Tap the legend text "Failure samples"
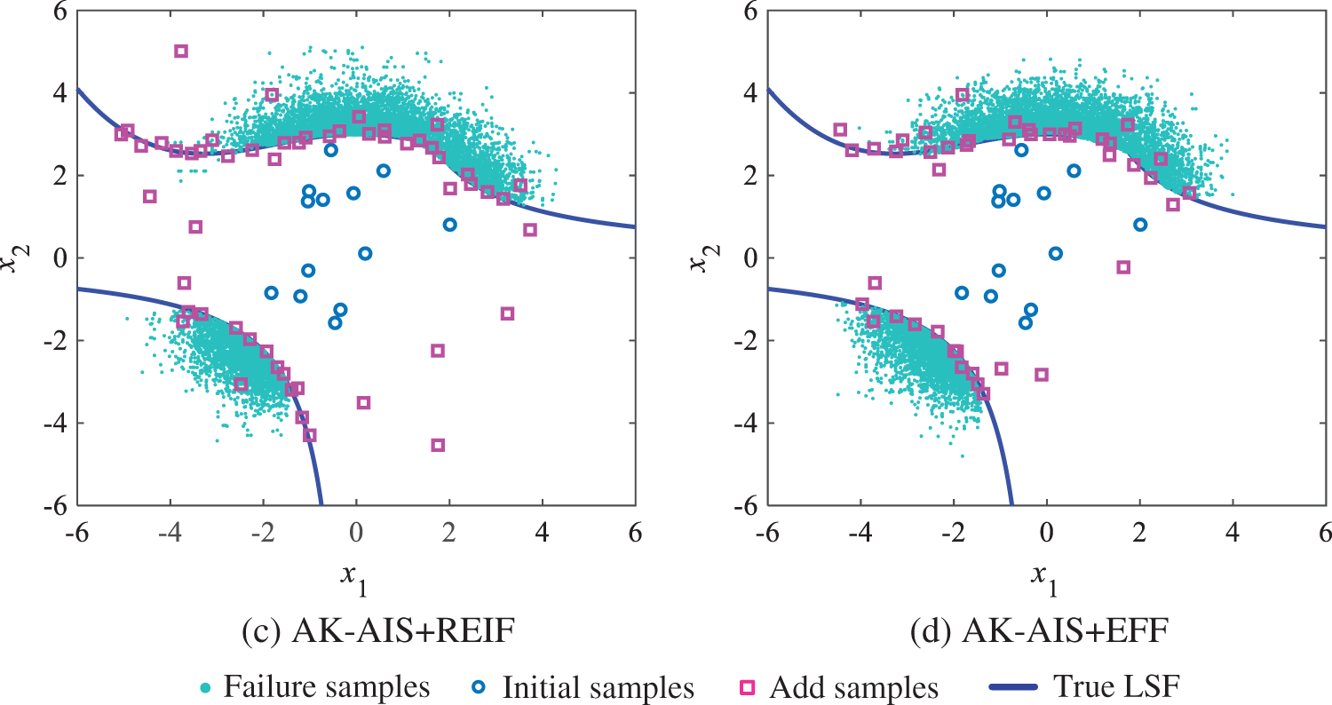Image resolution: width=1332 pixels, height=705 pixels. tap(327, 686)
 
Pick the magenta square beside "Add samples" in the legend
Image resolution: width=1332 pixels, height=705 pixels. tap(749, 687)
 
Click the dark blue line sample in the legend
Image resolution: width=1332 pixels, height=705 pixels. tap(1008, 687)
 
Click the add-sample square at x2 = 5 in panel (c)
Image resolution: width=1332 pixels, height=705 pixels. tap(181, 51)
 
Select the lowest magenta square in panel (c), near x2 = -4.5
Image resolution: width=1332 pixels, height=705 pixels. tap(438, 445)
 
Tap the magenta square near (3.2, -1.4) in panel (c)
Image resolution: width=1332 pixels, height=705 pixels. tap(507, 313)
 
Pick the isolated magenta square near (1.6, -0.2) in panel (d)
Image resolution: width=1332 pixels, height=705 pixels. tap(1123, 267)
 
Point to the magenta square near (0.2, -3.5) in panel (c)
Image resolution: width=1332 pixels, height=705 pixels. tap(363, 402)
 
